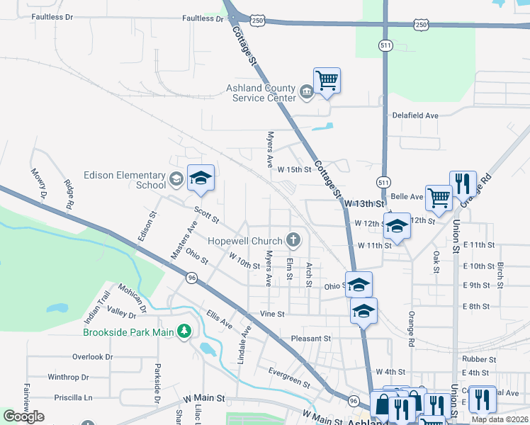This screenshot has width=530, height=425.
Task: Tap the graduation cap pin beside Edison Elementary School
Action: (201, 178)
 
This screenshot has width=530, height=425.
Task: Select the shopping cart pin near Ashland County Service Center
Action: (327, 81)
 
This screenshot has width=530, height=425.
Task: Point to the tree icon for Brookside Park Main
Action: (184, 331)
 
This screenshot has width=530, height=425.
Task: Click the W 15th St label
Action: (294, 170)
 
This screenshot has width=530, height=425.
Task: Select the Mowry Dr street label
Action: (38, 183)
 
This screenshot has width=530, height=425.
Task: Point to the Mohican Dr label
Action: (133, 300)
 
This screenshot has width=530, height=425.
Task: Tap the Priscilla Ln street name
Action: (73, 397)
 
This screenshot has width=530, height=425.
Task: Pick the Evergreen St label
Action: (289, 378)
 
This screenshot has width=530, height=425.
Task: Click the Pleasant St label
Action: (310, 339)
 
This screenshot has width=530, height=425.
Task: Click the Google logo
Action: (23, 416)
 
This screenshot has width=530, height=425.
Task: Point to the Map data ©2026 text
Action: (499, 419)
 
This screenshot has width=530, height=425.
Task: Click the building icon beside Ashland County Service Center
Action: (305, 92)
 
